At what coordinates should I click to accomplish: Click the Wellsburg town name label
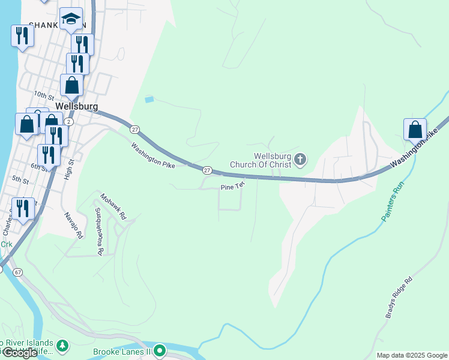pyautogui.click(x=76, y=106)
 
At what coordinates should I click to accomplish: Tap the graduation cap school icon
pyautogui.click(x=71, y=19)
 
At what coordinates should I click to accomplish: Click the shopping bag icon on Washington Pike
pyautogui.click(x=415, y=129)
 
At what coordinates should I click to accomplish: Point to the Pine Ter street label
pyautogui.click(x=232, y=187)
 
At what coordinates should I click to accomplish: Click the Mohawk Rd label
pyautogui.click(x=113, y=206)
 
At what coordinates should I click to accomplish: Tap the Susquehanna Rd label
pyautogui.click(x=99, y=232)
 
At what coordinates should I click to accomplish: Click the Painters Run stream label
pyautogui.click(x=391, y=205)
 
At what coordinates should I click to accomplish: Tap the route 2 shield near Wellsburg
pyautogui.click(x=69, y=122)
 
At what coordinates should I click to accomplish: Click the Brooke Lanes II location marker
pyautogui.click(x=159, y=350)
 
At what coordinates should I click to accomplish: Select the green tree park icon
pyautogui.click(x=62, y=346)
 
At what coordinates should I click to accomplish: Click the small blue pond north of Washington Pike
pyautogui.click(x=149, y=99)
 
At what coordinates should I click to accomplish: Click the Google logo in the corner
pyautogui.click(x=20, y=353)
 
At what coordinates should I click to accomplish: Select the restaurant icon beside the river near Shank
pyautogui.click(x=22, y=35)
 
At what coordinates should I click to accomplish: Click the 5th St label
pyautogui.click(x=20, y=179)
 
